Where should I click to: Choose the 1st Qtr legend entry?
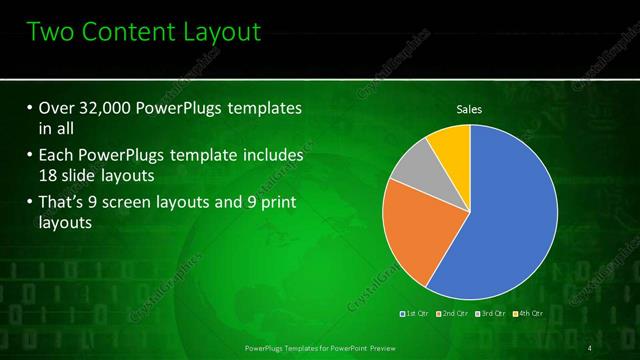click(x=415, y=314)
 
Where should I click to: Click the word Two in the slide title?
click(x=55, y=33)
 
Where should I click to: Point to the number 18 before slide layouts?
click(x=47, y=178)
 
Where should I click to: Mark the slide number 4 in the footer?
click(x=592, y=347)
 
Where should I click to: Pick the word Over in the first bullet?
click(x=56, y=107)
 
